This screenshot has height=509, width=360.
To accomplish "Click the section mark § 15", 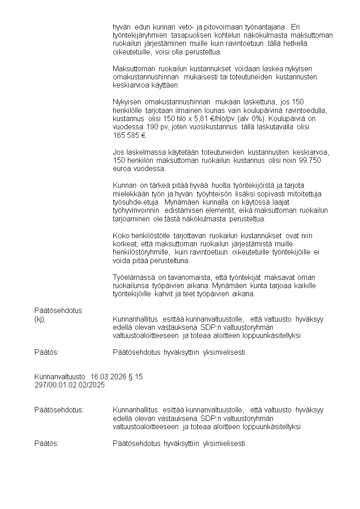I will click(x=136, y=377).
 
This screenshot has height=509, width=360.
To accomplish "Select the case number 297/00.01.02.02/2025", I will click(x=69, y=385).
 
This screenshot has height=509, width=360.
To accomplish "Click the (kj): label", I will click(x=40, y=319).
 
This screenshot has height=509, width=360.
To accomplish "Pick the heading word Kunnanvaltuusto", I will click(x=60, y=377).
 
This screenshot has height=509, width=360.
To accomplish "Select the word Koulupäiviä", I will click(x=280, y=118).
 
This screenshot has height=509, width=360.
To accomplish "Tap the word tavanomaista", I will click(x=185, y=277).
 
